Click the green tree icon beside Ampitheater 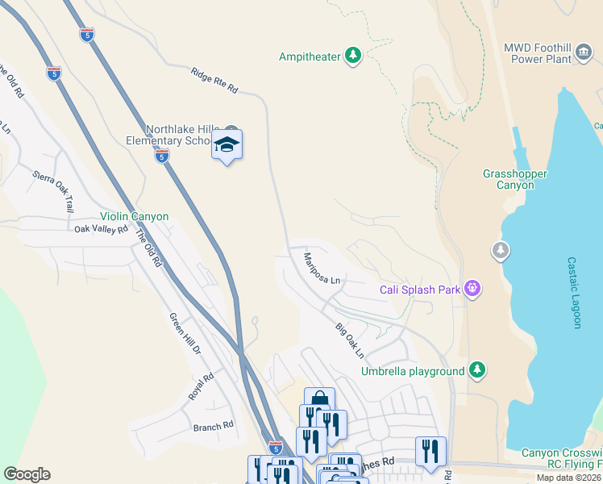[x=352, y=56]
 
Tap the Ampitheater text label [x=309, y=56]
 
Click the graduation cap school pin [x=227, y=145]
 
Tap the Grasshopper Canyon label [x=515, y=179]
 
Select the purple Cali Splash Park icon [x=472, y=289]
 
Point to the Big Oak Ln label [x=350, y=340]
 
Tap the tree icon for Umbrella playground [x=478, y=370]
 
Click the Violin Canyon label [x=134, y=216]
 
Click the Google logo [x=27, y=474]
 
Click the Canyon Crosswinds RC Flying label [x=561, y=458]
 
